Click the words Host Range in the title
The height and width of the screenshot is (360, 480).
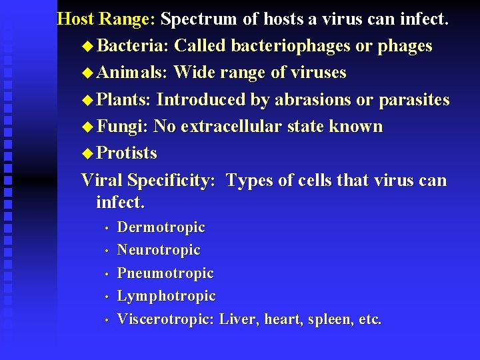click(105, 19)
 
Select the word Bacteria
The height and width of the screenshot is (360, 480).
click(133, 46)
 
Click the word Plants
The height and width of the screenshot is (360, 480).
click(125, 99)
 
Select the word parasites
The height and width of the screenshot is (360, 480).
click(414, 99)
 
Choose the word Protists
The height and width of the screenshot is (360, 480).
click(127, 153)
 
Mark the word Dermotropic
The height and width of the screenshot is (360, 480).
click(161, 227)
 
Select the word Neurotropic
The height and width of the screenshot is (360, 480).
click(159, 250)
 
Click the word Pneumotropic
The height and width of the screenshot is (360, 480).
click(165, 273)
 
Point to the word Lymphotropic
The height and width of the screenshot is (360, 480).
click(166, 295)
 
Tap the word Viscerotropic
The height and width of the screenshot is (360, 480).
click(165, 319)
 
